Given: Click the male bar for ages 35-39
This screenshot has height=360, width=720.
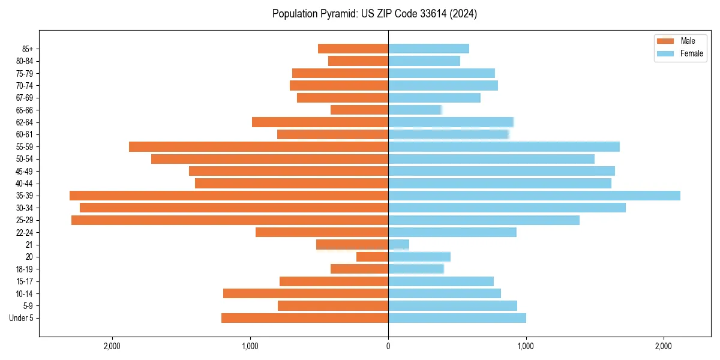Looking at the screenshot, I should point(229,196).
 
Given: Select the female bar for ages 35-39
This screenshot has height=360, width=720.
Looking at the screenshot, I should point(534,196).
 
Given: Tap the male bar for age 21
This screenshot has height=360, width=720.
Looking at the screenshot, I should point(352,245).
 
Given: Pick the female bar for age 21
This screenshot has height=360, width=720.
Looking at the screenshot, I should point(398,245).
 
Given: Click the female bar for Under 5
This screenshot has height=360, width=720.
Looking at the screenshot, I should point(457,318).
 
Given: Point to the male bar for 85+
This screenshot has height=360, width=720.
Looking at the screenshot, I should point(353,49).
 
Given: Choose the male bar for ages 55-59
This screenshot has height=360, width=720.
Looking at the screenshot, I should point(259,147).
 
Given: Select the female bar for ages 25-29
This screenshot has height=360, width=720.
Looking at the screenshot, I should point(484,220).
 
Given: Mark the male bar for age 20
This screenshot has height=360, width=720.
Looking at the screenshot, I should point(372,257).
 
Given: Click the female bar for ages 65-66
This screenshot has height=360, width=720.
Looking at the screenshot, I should point(415,110).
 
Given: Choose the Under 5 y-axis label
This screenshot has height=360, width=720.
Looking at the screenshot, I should point(21,318).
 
